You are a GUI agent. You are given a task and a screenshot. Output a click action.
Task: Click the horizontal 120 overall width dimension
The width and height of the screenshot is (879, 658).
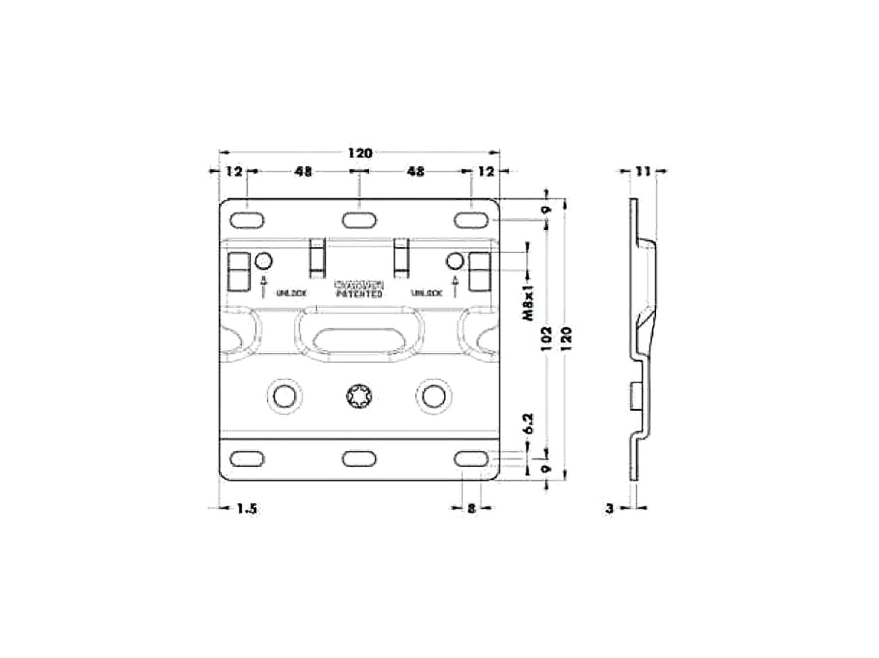click(x=360, y=153)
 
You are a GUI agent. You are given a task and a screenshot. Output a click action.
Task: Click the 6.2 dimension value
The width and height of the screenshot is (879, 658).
click(x=528, y=423)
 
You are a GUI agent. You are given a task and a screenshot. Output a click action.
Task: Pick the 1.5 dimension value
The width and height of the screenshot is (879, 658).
click(x=247, y=509)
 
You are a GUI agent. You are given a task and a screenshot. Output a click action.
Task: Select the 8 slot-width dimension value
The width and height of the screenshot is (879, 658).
click(x=471, y=509)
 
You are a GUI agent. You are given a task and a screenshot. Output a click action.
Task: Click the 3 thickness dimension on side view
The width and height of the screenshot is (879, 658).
click(x=610, y=509)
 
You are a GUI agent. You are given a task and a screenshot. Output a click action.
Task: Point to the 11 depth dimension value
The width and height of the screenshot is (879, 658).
click(x=641, y=171)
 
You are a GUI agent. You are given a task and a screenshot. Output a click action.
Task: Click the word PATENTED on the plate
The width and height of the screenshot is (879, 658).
click(x=359, y=294)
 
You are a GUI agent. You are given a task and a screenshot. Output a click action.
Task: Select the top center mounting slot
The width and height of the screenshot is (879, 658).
click(x=359, y=220)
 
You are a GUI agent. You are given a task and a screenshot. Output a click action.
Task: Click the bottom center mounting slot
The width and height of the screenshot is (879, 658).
click(x=359, y=458)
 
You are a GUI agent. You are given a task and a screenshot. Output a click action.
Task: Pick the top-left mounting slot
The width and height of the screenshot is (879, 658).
click(x=247, y=220)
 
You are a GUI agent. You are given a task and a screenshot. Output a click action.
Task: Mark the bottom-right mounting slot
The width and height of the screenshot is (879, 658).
click(x=471, y=458)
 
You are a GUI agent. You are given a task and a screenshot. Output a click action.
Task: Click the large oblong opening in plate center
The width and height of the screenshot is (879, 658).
click(x=359, y=338)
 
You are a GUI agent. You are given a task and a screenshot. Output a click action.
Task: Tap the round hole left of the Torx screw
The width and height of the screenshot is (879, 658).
click(x=285, y=394)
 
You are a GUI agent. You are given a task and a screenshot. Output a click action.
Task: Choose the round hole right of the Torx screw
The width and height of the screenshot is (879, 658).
click(x=433, y=394)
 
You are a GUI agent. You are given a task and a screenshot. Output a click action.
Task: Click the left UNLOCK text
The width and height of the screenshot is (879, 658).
click(x=292, y=293)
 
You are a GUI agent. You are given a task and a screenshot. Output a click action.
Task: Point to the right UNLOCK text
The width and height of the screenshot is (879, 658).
click(x=426, y=293)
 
